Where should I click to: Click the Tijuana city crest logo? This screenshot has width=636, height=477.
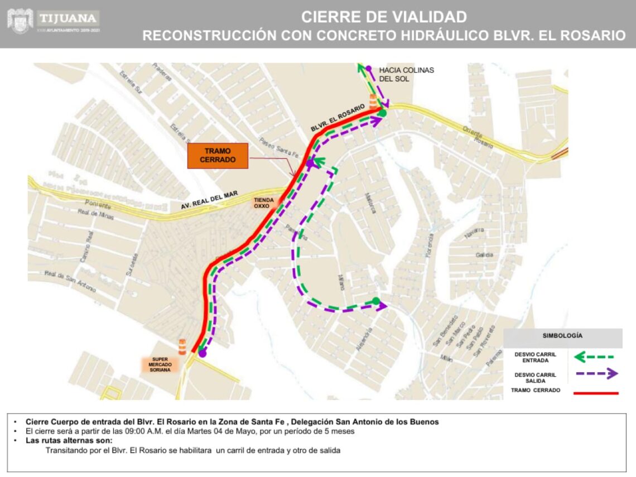20,21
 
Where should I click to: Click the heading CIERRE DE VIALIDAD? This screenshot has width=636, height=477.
384,17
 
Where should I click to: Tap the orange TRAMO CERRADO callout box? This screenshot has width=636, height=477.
218,155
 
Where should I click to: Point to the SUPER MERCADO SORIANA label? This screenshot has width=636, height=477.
160,364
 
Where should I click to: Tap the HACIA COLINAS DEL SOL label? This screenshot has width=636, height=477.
406,74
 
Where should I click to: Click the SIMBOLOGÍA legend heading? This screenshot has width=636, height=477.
562,336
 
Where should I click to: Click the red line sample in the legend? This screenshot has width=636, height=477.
596,393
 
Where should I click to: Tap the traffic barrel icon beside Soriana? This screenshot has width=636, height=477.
182,346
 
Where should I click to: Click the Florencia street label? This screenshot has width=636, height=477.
430,245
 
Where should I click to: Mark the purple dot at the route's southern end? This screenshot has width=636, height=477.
203,353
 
